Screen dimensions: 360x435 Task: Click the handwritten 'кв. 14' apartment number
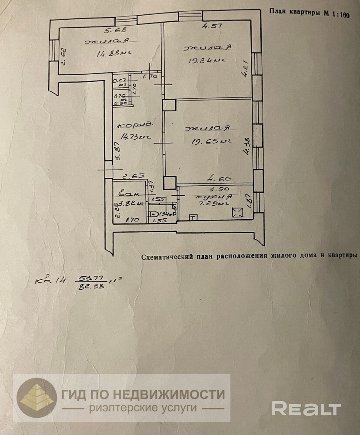click(51, 281)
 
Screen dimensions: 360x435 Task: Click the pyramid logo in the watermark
click(37, 397)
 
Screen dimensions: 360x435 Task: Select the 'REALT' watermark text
click(305, 408)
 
